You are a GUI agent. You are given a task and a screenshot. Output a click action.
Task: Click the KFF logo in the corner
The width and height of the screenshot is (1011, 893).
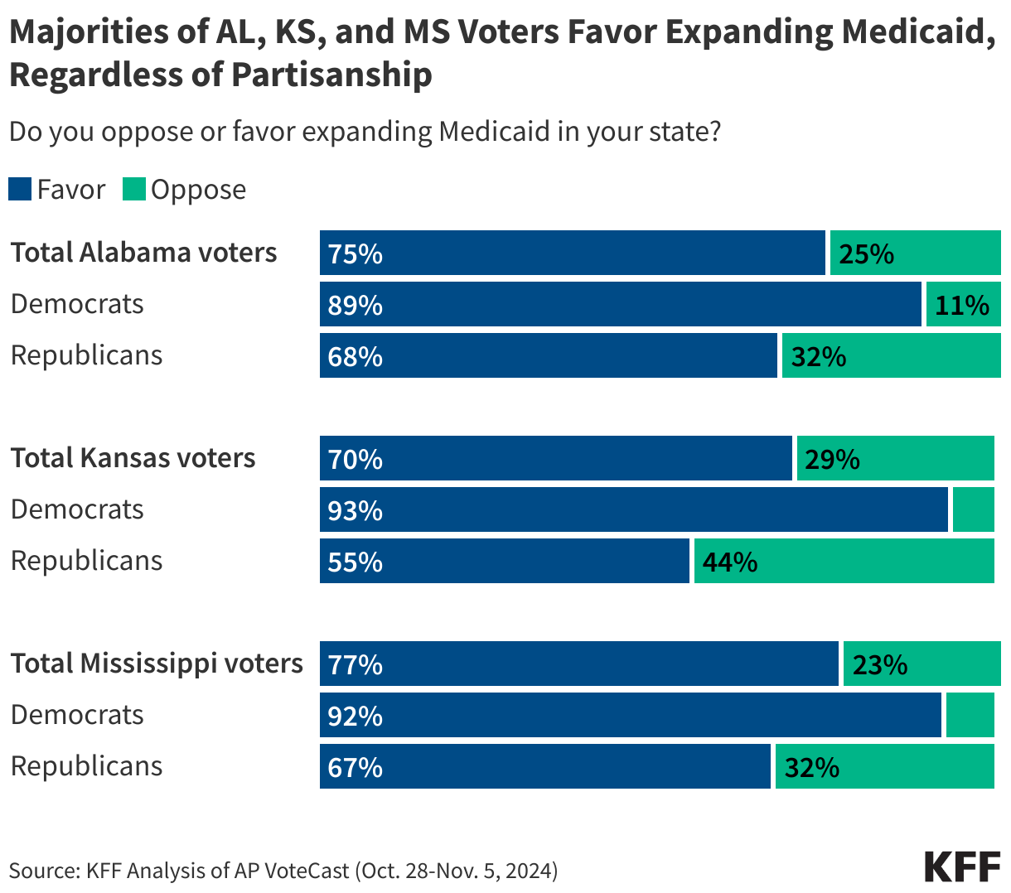click(x=962, y=866)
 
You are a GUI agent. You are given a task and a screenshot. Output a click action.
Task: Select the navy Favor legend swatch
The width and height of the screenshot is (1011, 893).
click(x=20, y=190)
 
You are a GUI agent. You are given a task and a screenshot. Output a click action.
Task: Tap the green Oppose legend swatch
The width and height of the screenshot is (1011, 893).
click(x=134, y=190)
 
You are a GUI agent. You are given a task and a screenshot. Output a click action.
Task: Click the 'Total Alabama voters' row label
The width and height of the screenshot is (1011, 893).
click(x=144, y=253)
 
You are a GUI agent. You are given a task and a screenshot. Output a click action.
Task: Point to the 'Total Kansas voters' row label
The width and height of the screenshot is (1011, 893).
click(x=133, y=458)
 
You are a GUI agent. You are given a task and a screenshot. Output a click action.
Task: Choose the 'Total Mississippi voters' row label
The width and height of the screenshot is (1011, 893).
click(x=157, y=664)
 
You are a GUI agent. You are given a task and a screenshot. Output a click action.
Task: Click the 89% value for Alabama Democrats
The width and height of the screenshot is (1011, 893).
click(x=356, y=305)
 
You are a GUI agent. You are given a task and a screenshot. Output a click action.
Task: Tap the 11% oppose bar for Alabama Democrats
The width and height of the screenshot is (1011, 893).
click(x=962, y=305)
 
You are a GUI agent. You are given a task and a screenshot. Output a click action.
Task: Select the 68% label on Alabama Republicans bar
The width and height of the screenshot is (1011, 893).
click(x=356, y=356)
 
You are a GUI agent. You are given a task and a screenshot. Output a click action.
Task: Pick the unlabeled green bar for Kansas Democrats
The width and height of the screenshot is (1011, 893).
click(x=973, y=509)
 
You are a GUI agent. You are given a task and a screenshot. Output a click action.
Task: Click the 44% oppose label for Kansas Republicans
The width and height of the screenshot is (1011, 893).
click(x=730, y=562)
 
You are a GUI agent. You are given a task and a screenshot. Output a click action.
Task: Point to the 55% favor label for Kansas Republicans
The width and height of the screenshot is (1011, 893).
click(x=356, y=562)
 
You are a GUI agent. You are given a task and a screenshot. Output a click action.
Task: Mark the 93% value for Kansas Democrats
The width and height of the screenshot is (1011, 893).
click(x=356, y=510)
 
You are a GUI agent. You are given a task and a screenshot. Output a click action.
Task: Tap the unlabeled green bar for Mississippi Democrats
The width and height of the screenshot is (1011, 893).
click(x=970, y=715)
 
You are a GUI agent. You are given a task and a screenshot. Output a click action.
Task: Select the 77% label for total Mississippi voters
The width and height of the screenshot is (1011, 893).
click(x=356, y=664)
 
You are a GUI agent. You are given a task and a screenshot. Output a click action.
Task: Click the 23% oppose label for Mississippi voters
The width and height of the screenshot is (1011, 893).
click(x=880, y=664)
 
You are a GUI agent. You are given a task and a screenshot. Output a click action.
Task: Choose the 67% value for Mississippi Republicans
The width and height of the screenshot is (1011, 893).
click(x=356, y=767)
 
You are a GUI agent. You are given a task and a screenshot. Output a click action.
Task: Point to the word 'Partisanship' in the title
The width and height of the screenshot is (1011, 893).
click(x=331, y=75)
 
